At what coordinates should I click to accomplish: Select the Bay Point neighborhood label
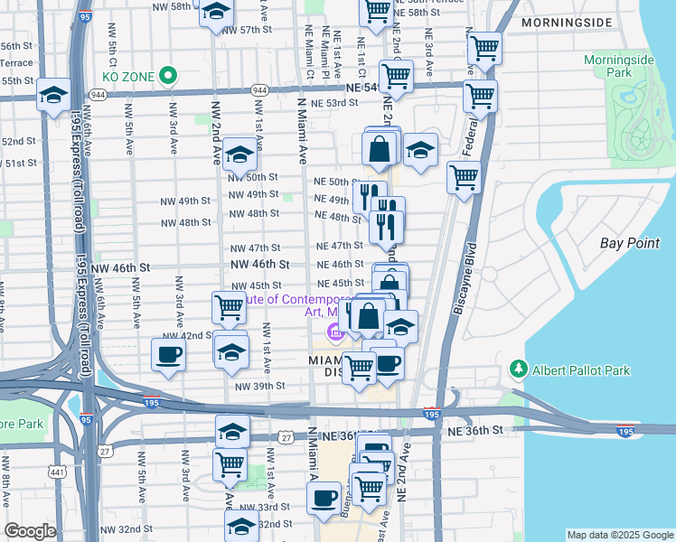631,243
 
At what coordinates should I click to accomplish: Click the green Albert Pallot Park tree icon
519,369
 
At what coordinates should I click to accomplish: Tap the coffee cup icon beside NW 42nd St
168,354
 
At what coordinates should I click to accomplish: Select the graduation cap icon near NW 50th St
240,154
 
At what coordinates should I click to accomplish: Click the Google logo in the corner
30,531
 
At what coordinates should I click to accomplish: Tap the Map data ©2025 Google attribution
619,535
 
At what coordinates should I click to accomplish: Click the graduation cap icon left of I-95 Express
53,94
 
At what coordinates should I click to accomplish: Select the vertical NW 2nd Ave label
217,133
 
